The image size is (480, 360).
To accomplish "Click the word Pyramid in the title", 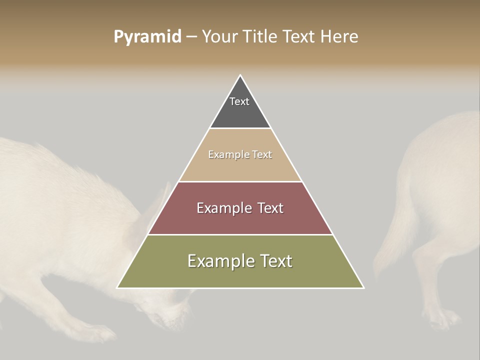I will pos(147,37).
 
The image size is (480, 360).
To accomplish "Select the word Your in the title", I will pos(219,37).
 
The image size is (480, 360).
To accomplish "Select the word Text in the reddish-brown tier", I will pos(270,208).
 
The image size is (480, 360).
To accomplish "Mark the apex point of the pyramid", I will pos(240,75).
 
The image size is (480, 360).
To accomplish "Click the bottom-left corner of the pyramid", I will pos(117,288).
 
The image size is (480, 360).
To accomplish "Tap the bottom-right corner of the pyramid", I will pos(363,288).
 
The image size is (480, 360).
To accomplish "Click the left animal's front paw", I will pos(100,333).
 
